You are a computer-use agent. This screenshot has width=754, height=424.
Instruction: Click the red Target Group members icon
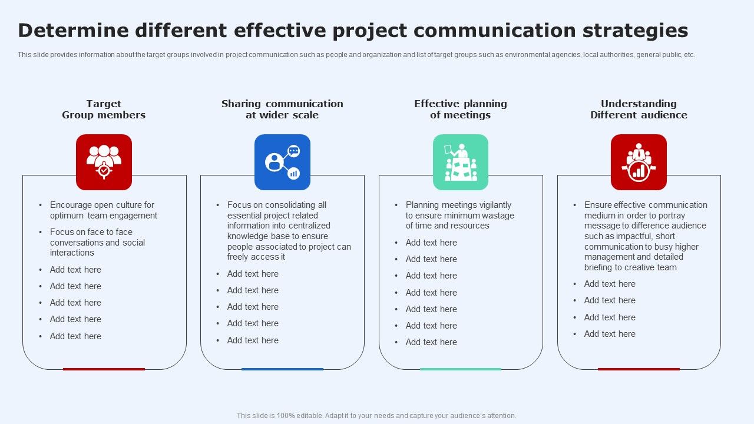(x=104, y=162)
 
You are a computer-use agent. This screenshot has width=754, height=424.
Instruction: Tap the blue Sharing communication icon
(x=282, y=162)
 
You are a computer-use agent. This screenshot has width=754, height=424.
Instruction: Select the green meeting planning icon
(x=461, y=162)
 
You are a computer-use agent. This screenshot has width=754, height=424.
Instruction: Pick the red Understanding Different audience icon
(x=639, y=162)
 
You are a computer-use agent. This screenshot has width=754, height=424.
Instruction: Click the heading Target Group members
(x=104, y=110)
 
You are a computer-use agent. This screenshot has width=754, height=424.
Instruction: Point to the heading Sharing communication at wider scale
(x=282, y=110)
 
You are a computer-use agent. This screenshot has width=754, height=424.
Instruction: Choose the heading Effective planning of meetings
(x=461, y=110)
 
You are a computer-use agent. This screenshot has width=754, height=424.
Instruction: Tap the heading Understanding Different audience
(x=639, y=110)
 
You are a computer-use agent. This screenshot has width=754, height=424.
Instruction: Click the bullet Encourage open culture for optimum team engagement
(x=103, y=210)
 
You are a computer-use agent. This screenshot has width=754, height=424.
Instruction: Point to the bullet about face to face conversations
(x=97, y=242)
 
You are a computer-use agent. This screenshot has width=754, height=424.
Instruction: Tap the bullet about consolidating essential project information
(x=289, y=231)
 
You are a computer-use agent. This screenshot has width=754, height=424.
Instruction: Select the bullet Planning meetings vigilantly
(x=459, y=215)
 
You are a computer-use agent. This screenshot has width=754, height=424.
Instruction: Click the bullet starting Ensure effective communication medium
(x=645, y=236)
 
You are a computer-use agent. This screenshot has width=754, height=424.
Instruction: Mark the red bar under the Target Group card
(x=104, y=369)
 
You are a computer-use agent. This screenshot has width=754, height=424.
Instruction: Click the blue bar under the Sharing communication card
(x=282, y=369)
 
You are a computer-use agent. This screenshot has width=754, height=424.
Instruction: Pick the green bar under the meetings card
(x=461, y=369)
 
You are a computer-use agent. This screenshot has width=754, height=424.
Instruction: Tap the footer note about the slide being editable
(x=376, y=416)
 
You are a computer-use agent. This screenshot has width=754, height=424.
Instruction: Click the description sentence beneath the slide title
(x=356, y=55)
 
